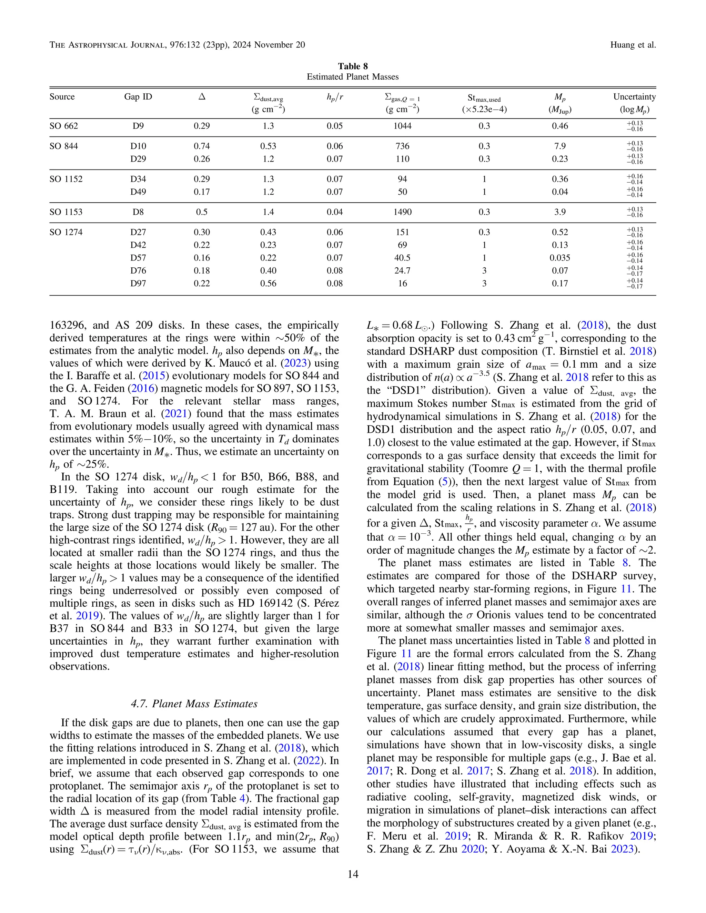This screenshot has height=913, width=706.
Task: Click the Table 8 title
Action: pos(353,66)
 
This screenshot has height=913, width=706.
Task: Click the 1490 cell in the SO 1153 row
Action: pos(402,212)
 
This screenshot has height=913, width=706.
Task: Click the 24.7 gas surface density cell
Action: pos(402,271)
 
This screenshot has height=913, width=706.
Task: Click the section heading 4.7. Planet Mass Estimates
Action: pos(194,704)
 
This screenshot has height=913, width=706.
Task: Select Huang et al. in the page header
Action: pos(633,45)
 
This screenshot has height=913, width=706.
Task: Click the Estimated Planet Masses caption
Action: pos(353,77)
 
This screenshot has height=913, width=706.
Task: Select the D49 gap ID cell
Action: pos(138,192)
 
